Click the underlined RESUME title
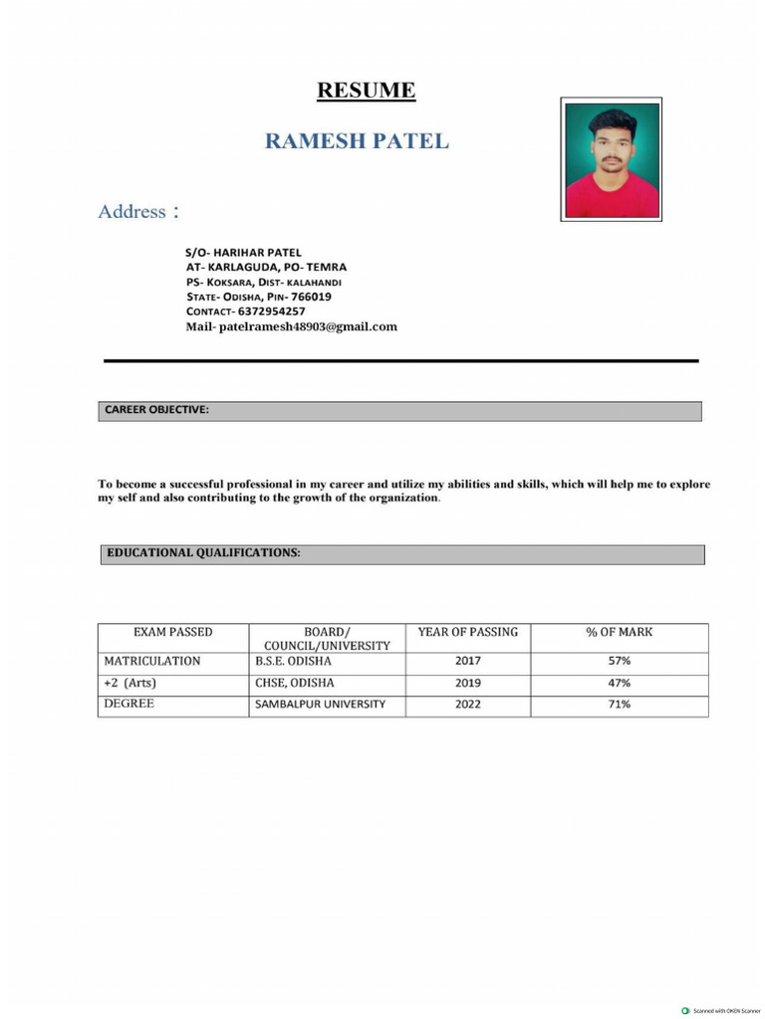(x=366, y=91)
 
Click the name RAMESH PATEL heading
(x=357, y=141)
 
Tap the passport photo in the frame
(x=611, y=159)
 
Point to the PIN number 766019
(x=311, y=297)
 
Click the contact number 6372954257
(x=271, y=311)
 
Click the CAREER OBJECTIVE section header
(x=156, y=410)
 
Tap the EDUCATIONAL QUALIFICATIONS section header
(x=203, y=552)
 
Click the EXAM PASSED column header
(x=172, y=632)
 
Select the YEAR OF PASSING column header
(x=467, y=632)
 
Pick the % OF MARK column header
(x=619, y=632)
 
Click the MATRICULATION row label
(x=152, y=661)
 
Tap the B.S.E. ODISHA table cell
(x=294, y=661)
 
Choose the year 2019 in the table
(x=467, y=684)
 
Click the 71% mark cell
(x=619, y=705)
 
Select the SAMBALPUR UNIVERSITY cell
(x=320, y=705)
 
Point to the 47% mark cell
(x=619, y=684)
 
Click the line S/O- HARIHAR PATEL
(x=243, y=253)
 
